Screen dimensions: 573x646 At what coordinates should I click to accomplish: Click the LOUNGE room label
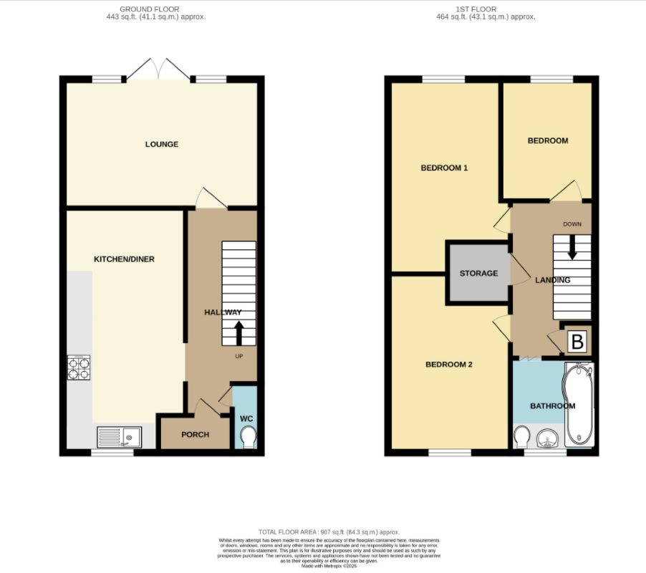point(161,144)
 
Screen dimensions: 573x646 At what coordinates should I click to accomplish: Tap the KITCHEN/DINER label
point(125,259)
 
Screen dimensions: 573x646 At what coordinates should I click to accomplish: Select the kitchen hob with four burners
point(79,367)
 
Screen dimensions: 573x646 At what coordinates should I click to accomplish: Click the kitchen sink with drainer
point(120,436)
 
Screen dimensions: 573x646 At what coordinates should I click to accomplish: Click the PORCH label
point(195,435)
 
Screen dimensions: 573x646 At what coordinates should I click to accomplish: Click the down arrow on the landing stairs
point(572,249)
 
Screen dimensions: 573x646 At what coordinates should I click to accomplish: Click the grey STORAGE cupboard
point(478,274)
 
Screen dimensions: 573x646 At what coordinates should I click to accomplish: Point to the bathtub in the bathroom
point(578,405)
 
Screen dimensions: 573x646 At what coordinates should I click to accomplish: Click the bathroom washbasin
point(549,438)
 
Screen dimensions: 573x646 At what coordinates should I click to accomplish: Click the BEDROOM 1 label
point(443,168)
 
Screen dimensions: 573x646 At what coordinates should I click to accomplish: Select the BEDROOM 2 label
point(449,365)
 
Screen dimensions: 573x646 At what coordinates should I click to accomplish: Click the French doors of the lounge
point(159,70)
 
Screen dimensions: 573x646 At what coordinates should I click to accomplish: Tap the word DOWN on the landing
point(572,224)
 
